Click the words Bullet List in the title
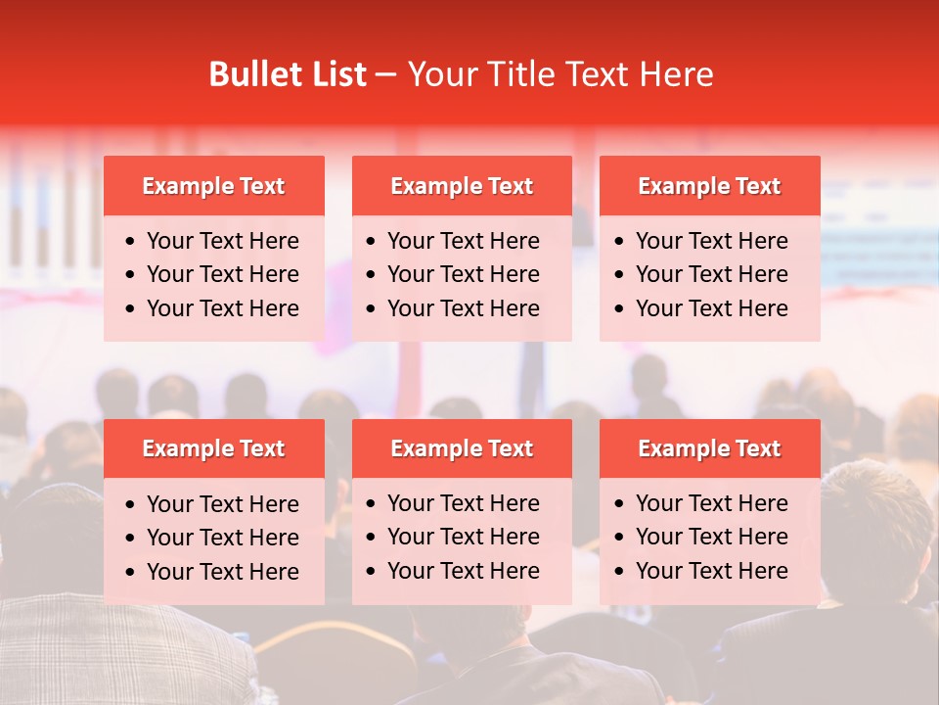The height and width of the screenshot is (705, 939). click(x=288, y=74)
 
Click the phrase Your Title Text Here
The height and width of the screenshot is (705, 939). click(x=559, y=74)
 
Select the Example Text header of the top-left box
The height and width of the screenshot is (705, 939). click(x=213, y=186)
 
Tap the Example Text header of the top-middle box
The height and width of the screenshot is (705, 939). click(x=462, y=186)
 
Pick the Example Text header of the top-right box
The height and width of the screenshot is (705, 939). click(x=709, y=186)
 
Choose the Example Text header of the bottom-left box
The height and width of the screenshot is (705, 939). click(x=213, y=448)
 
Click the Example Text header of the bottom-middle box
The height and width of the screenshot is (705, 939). click(x=462, y=448)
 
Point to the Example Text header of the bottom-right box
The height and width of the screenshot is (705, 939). click(x=709, y=448)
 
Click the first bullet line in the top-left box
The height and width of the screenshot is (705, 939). click(x=223, y=241)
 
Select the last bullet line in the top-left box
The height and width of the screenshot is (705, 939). click(x=223, y=308)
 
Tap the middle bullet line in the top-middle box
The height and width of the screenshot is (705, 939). click(x=464, y=274)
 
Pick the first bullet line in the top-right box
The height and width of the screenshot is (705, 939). click(x=712, y=241)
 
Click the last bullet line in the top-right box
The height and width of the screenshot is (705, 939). click(x=712, y=308)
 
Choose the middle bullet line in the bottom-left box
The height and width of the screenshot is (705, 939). click(x=223, y=538)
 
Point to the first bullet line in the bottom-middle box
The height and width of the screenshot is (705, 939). click(x=464, y=503)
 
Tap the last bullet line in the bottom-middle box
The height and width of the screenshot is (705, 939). click(x=464, y=571)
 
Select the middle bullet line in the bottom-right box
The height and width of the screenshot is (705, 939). click(x=712, y=537)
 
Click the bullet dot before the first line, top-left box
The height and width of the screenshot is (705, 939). click(x=131, y=242)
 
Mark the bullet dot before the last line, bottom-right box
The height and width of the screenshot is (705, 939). click(x=620, y=572)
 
